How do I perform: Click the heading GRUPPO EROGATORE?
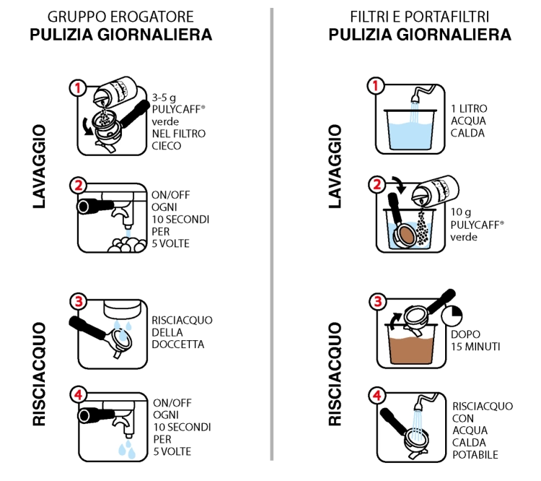click(x=120, y=17)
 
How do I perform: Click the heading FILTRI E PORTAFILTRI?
click(x=420, y=17)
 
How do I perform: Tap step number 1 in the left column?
click(x=78, y=88)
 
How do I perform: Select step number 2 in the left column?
click(x=79, y=186)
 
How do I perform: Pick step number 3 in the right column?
click(x=378, y=301)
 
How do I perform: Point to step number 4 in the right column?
click(x=377, y=395)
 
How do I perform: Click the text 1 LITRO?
click(x=469, y=109)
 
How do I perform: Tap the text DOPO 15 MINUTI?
click(x=475, y=340)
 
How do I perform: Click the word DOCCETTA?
click(x=178, y=344)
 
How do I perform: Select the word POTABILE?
click(x=475, y=455)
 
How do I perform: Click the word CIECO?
click(x=167, y=146)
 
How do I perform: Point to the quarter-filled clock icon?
click(x=452, y=315)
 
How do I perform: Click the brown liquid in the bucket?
click(x=411, y=350)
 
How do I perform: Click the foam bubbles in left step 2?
click(x=126, y=244)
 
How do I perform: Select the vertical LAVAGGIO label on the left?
click(x=39, y=167)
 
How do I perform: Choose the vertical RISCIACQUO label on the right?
click(x=335, y=374)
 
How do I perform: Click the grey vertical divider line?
click(x=272, y=234)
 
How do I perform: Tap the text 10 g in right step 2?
click(x=461, y=212)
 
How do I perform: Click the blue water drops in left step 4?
click(x=127, y=449)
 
